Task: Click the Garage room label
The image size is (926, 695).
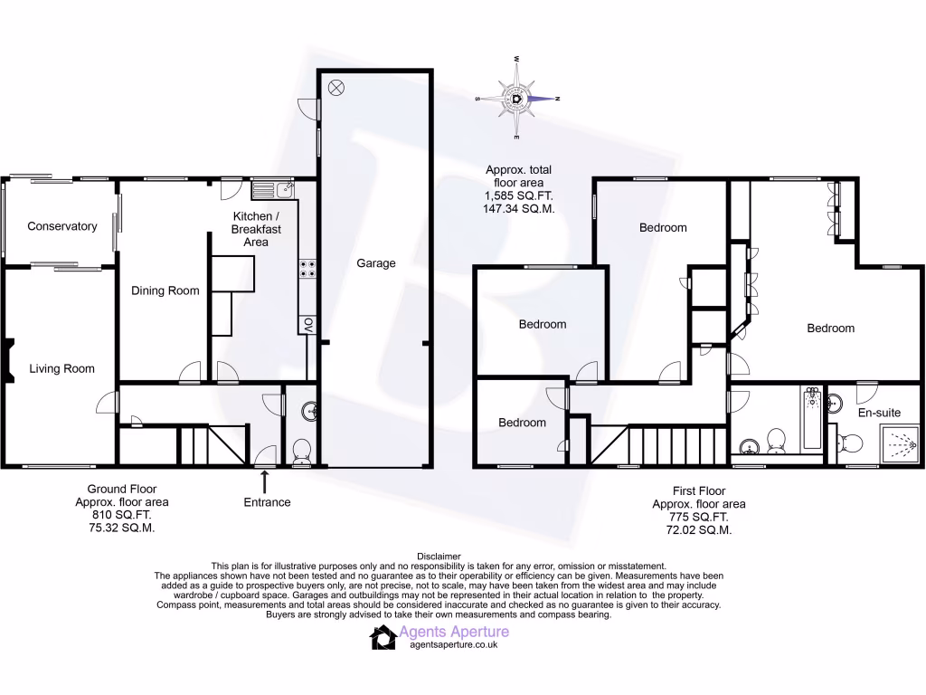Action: click(x=375, y=263)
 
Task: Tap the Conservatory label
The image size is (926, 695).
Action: click(x=61, y=226)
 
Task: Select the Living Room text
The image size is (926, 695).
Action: click(x=61, y=368)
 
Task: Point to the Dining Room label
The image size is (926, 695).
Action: click(x=165, y=290)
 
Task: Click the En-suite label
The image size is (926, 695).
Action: click(x=879, y=413)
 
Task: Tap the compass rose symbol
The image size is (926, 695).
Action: click(x=517, y=98)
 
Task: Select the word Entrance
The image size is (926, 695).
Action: click(x=267, y=502)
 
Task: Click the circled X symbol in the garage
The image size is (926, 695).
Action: click(x=336, y=88)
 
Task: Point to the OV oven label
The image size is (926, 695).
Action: click(x=307, y=324)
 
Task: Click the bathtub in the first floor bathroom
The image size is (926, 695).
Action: click(x=810, y=420)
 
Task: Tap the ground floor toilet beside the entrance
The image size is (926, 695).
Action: click(x=301, y=450)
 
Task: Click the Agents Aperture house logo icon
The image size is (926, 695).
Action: click(x=383, y=638)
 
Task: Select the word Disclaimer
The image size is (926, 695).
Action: click(x=439, y=557)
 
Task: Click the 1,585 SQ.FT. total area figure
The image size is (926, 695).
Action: click(x=519, y=195)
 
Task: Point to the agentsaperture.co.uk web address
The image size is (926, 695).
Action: click(x=454, y=644)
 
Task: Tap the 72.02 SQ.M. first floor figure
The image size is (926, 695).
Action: click(x=692, y=529)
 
